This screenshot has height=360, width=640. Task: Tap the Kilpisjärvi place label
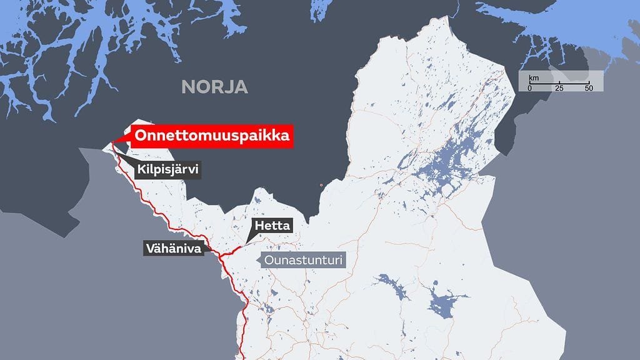167,169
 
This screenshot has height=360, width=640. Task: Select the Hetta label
272,226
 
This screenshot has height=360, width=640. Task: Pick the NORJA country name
214,87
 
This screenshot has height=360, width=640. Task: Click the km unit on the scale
534,78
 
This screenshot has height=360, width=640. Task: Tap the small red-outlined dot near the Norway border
321,185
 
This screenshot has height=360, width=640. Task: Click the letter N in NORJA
187,87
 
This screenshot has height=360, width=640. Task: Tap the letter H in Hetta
257,226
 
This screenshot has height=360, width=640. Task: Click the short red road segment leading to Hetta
232,249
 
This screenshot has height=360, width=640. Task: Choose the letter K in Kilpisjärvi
141,169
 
